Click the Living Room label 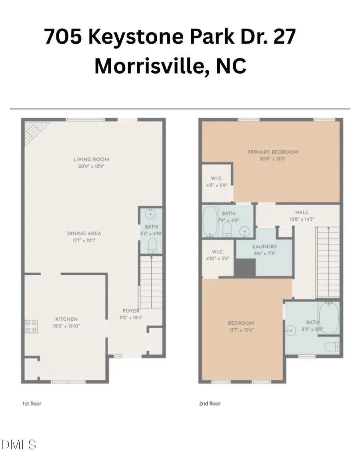pos(91,159)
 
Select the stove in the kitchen pos(31,326)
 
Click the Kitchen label pos(66,319)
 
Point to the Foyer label pos(131,311)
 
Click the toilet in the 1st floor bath pos(152,246)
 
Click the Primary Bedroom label pos(272,152)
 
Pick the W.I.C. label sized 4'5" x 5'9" pos(216,178)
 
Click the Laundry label pos(264,247)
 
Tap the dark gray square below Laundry pos(245,268)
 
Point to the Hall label pos(302,212)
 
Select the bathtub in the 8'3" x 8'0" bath pos(329,318)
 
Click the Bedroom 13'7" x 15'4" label pos(241,323)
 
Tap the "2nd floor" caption pos(210,404)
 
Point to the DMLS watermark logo pos(19,444)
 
